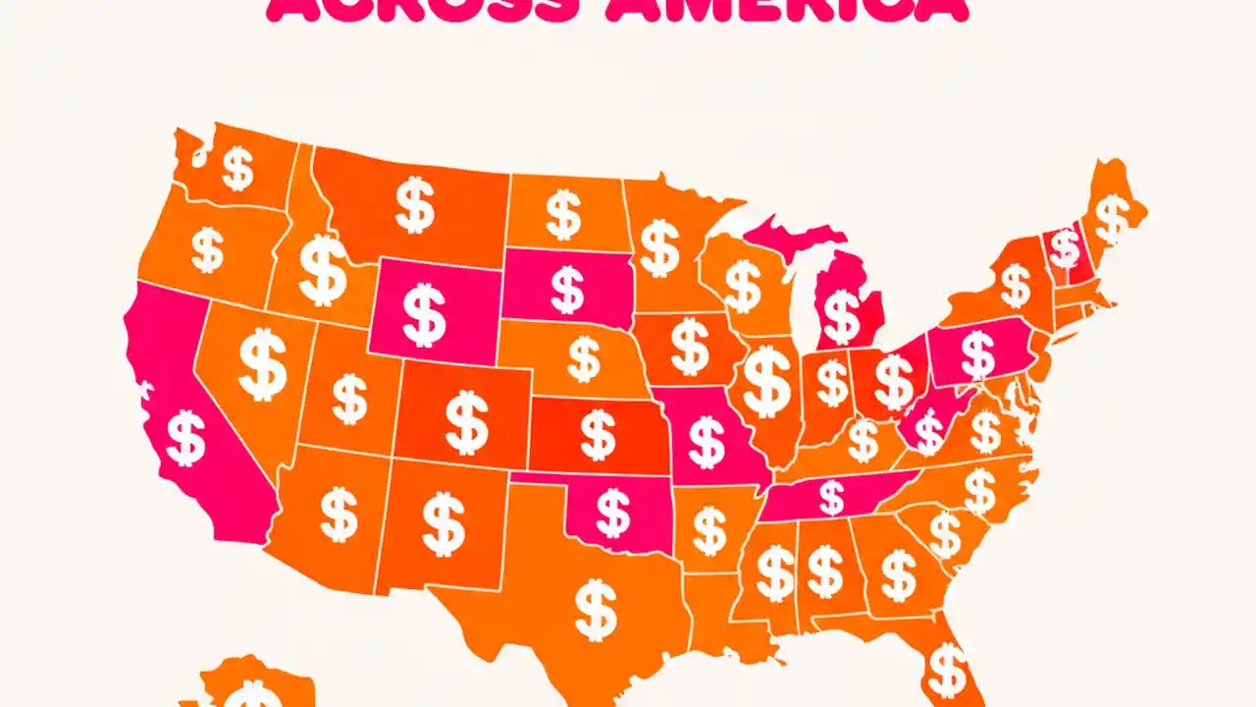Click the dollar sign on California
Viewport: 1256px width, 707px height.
click(x=185, y=438)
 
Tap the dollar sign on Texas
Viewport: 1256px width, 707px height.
click(x=596, y=609)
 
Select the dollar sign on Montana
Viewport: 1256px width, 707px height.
click(x=414, y=204)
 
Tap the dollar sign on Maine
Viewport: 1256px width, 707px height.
click(x=1112, y=219)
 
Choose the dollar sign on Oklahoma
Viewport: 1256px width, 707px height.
click(x=614, y=514)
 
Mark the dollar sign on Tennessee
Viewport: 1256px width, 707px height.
click(x=831, y=497)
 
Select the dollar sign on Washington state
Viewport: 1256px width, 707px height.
click(x=237, y=168)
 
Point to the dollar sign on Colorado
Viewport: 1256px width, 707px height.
click(x=467, y=422)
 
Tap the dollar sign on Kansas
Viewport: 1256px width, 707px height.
click(x=598, y=435)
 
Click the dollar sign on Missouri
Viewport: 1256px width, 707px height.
click(x=706, y=441)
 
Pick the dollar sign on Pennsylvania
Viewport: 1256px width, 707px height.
click(x=977, y=354)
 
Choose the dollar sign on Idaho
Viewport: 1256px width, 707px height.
click(x=323, y=269)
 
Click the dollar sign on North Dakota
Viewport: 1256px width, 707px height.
click(x=563, y=215)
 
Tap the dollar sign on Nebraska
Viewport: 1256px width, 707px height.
click(x=584, y=359)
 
